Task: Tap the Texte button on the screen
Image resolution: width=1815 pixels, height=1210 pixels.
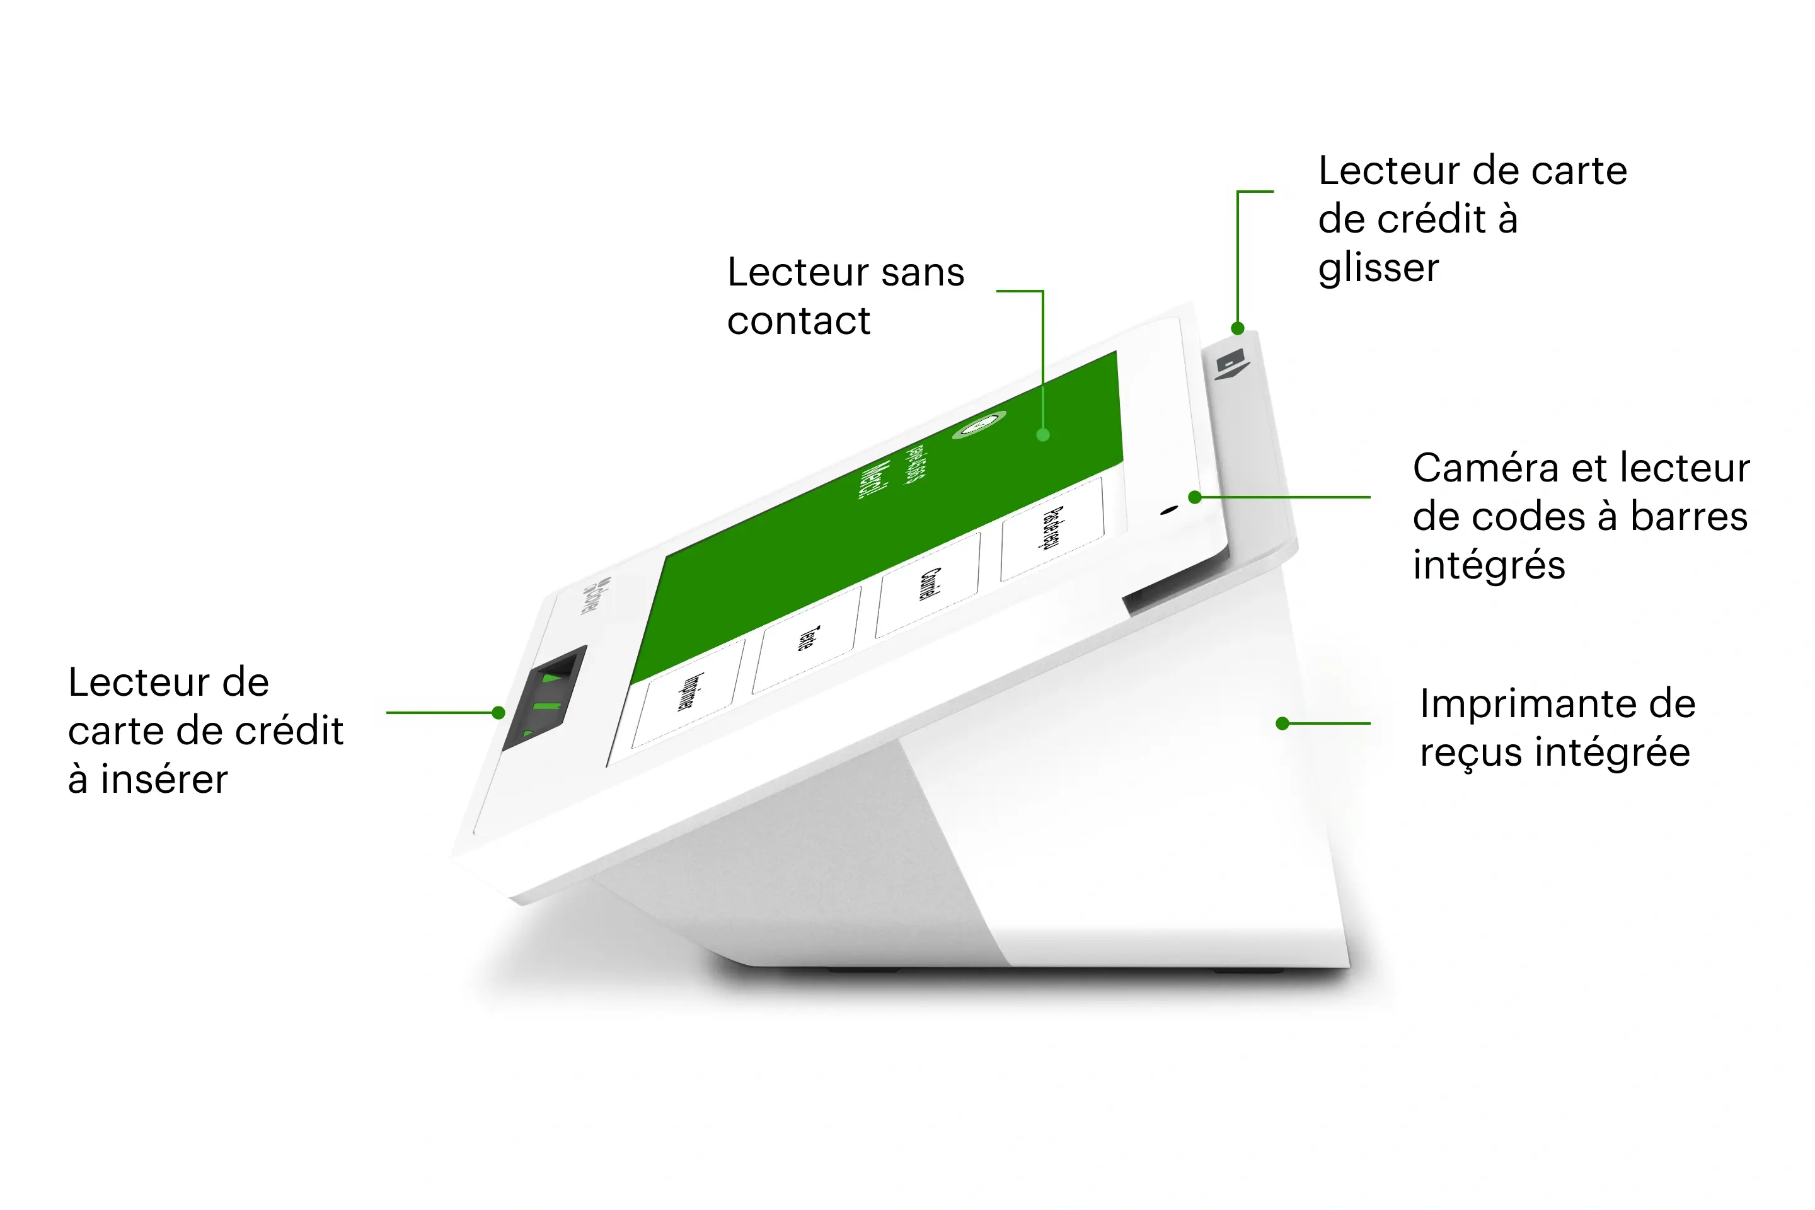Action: [807, 639]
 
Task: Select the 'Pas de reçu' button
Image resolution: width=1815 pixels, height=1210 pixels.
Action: [1052, 529]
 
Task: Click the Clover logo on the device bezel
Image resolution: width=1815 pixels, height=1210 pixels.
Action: [590, 596]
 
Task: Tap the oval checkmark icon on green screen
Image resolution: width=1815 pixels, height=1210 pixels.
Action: [979, 425]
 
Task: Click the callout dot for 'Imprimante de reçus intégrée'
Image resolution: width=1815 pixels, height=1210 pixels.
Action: [1282, 723]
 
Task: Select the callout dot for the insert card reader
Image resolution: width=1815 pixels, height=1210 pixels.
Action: [498, 712]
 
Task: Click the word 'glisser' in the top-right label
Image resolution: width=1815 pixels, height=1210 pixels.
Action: [1378, 269]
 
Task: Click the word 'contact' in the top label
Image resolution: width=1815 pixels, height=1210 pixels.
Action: [798, 321]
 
